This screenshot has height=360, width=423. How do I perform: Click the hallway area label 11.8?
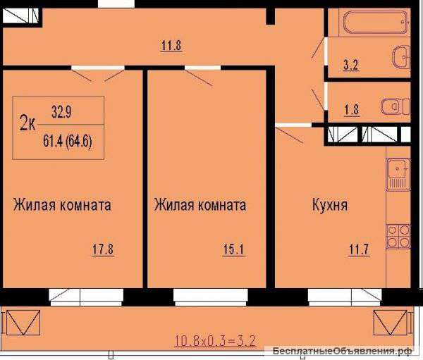[x=171, y=47]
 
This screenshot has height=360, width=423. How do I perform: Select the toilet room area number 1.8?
[x=350, y=109]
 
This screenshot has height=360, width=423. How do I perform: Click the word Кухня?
[x=330, y=206]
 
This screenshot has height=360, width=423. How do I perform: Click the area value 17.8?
[x=103, y=249]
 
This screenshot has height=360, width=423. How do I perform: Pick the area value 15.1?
[x=234, y=249]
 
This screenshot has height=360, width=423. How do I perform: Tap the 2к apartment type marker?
[x=28, y=125]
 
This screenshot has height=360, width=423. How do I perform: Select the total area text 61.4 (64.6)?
[x=68, y=139]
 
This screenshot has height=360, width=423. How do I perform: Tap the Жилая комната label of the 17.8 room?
[x=62, y=206]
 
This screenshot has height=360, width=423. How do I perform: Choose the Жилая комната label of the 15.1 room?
[x=200, y=206]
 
